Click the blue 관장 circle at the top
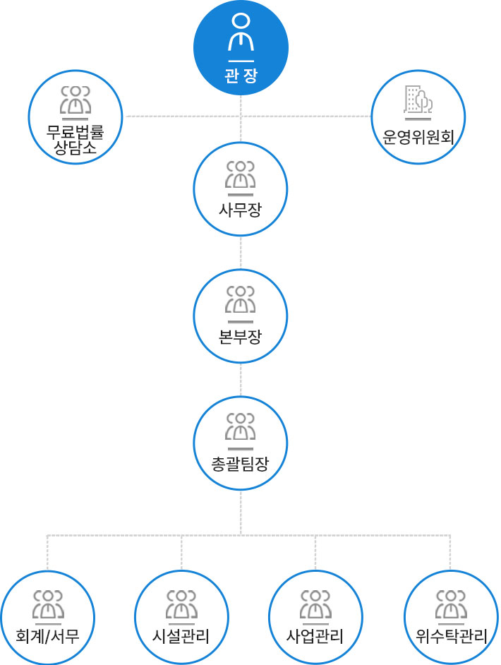(241, 47)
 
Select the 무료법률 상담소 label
(75, 139)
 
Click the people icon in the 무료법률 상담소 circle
(75, 100)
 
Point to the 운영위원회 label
(418, 137)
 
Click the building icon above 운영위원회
(418, 100)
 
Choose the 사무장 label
(241, 209)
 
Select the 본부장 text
(241, 336)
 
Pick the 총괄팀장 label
(241, 463)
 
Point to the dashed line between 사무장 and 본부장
(241, 252)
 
